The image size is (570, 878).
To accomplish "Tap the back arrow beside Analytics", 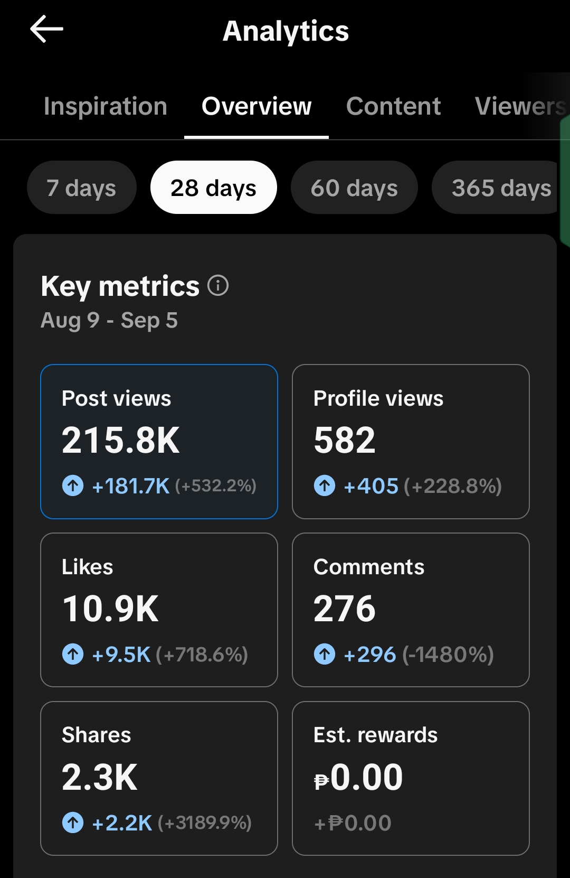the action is [46, 29].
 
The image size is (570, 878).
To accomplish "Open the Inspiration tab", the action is [106, 106].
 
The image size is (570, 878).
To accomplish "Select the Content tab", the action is [393, 106].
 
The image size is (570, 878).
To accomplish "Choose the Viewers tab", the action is [521, 106].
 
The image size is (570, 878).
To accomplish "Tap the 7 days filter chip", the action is [81, 188].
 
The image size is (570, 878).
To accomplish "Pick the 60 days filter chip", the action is [354, 188].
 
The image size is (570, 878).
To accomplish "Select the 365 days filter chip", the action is [497, 188].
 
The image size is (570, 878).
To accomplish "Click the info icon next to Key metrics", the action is [217, 285].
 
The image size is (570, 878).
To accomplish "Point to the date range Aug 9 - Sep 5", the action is [109, 320].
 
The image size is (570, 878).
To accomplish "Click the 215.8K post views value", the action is [120, 440].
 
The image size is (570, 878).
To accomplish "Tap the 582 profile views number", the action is [345, 440].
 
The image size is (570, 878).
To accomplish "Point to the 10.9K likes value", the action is [110, 609].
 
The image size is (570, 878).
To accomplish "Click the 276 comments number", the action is [345, 609].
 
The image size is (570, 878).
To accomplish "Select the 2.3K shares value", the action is [100, 777].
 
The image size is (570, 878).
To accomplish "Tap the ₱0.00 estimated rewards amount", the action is [358, 777].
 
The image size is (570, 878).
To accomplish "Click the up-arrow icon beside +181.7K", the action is [73, 485].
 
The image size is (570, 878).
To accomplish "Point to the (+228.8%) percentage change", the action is [452, 486].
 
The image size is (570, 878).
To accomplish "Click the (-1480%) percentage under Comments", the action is [448, 655].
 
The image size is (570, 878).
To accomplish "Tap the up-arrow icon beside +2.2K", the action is [73, 823].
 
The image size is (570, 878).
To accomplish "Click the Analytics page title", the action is [286, 31].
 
